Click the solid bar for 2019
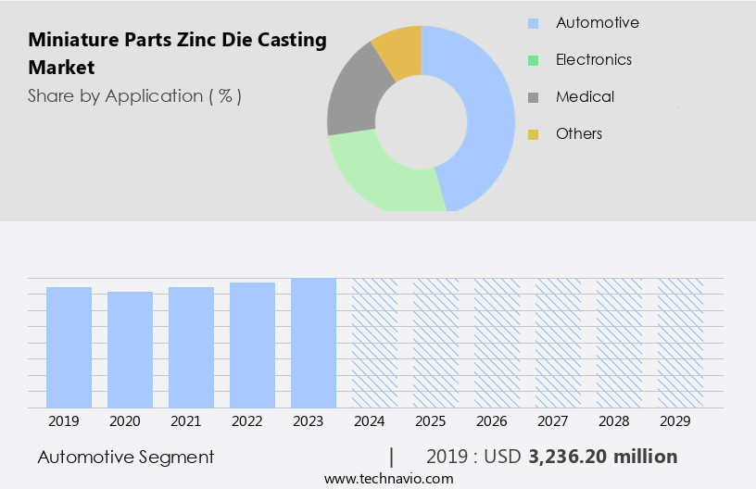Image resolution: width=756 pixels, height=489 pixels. pyautogui.click(x=69, y=347)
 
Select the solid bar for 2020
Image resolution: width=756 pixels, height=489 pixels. pyautogui.click(x=130, y=349)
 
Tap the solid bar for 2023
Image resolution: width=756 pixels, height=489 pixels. pyautogui.click(x=313, y=343)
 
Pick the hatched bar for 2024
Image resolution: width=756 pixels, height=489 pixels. pyautogui.click(x=374, y=343)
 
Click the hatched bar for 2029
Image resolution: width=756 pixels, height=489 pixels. pyautogui.click(x=680, y=343)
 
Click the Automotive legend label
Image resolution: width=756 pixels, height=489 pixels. pyautogui.click(x=597, y=22)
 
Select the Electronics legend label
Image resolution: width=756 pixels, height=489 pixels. pyautogui.click(x=593, y=59)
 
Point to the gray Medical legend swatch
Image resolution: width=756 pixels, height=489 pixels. pyautogui.click(x=533, y=97)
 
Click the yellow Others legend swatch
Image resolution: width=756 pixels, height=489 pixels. pyautogui.click(x=533, y=134)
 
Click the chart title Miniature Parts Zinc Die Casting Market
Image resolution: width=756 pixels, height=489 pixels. pyautogui.click(x=177, y=54)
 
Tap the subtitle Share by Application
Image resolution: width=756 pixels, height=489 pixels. pyautogui.click(x=134, y=96)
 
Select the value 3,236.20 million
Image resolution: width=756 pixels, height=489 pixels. pyautogui.click(x=602, y=457)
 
